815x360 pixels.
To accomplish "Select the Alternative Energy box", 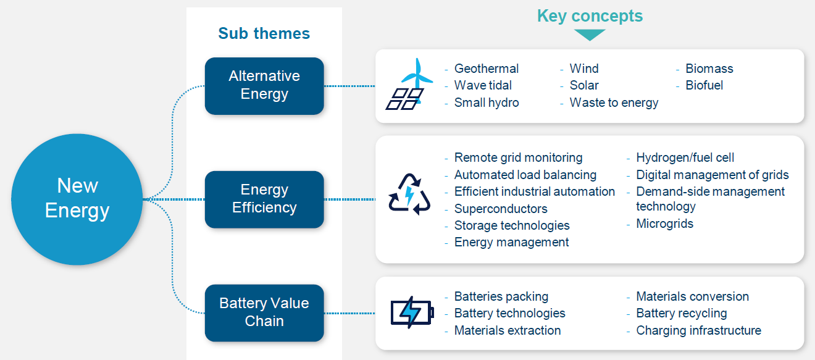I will pyautogui.click(x=264, y=86).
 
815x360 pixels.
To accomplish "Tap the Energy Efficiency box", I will pyautogui.click(x=264, y=199).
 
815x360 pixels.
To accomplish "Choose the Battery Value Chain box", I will pyautogui.click(x=264, y=312).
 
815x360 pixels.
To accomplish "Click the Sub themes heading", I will pyautogui.click(x=264, y=33).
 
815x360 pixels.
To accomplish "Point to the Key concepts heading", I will pyautogui.click(x=590, y=16).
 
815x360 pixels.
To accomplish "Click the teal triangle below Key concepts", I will pyautogui.click(x=590, y=35).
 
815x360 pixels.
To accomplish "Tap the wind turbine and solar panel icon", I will pyautogui.click(x=407, y=85).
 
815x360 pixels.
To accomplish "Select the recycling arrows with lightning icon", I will pyautogui.click(x=409, y=194).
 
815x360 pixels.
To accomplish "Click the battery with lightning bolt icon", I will pyautogui.click(x=412, y=312).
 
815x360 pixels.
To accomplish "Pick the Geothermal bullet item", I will pyautogui.click(x=487, y=69).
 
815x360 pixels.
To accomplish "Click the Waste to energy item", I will pyautogui.click(x=614, y=103).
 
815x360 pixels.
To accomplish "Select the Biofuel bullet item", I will pyautogui.click(x=704, y=85).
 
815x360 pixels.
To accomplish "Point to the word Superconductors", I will pyautogui.click(x=501, y=209).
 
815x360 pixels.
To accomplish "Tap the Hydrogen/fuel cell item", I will pyautogui.click(x=685, y=158).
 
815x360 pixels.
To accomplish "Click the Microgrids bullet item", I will pyautogui.click(x=665, y=224).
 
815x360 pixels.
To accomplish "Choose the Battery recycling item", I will pyautogui.click(x=682, y=313).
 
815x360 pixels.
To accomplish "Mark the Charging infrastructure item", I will pyautogui.click(x=698, y=330).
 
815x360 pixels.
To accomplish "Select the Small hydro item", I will pyautogui.click(x=487, y=103).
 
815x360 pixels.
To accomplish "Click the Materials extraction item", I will pyautogui.click(x=508, y=330).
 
